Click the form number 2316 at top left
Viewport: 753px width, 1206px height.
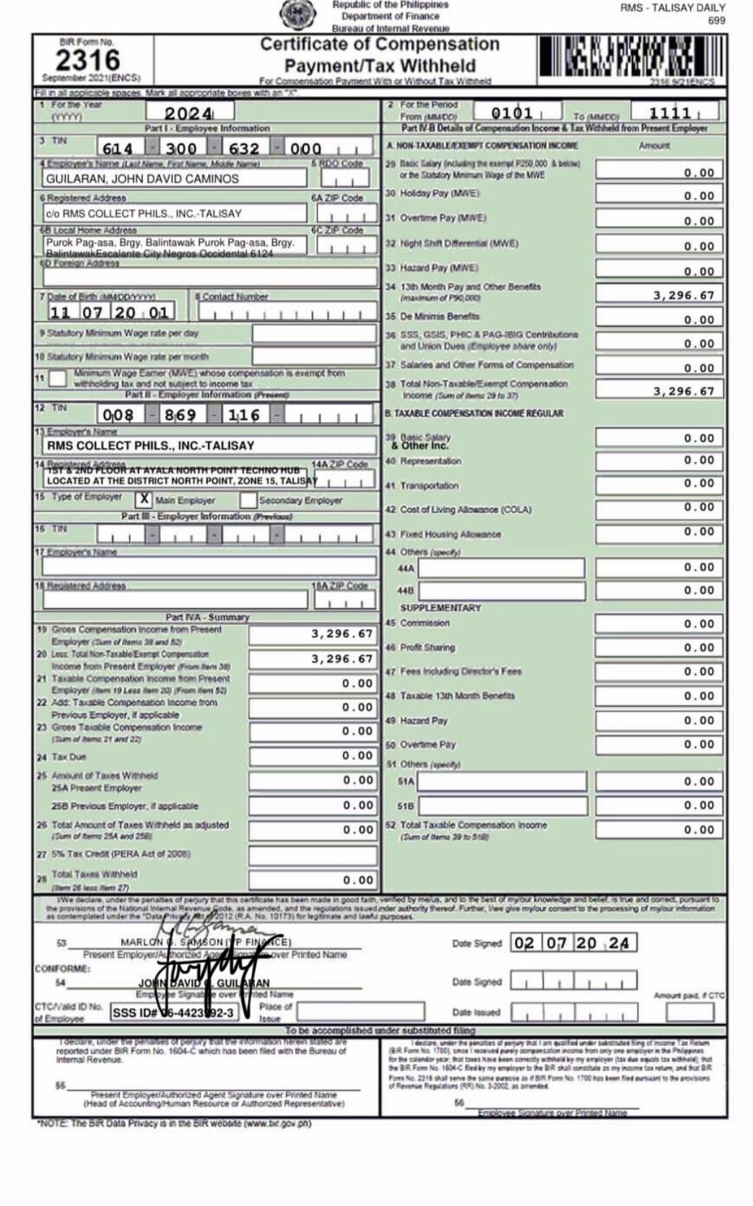[87, 59]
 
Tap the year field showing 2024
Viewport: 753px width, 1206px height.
[189, 113]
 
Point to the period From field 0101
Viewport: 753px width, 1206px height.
[513, 113]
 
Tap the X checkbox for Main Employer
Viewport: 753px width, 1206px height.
[145, 499]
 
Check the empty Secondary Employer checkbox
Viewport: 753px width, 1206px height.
[248, 499]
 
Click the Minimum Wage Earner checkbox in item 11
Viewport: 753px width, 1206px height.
[58, 378]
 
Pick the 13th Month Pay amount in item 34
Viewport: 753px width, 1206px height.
[658, 295]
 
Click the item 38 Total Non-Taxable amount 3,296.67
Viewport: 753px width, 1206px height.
[658, 391]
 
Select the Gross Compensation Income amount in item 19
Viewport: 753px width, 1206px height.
[311, 634]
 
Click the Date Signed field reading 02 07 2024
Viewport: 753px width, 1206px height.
[573, 943]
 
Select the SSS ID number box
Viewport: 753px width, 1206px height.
[174, 1013]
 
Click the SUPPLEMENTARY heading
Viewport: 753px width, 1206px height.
[440, 608]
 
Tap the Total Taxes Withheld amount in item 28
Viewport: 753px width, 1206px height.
[311, 880]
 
